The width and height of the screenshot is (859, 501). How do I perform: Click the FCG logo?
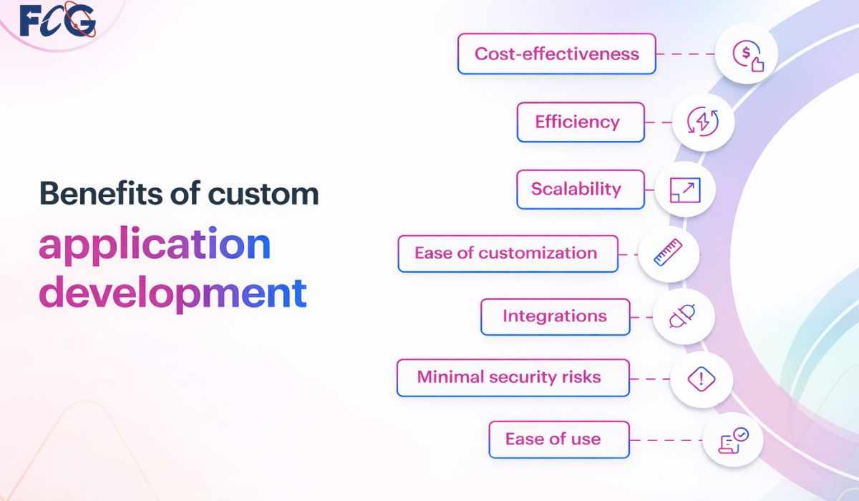(57, 21)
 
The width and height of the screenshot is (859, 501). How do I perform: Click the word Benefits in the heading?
(85, 193)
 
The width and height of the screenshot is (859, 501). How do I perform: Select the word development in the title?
(173, 293)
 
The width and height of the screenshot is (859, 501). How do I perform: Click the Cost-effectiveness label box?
(556, 54)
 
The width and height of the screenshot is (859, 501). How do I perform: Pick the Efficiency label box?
(580, 122)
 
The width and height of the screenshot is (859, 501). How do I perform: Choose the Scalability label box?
(580, 189)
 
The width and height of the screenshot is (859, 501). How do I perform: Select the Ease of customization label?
(507, 253)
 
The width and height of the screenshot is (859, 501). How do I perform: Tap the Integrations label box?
(555, 316)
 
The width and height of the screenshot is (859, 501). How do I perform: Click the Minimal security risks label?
(512, 377)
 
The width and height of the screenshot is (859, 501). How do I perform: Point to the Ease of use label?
(558, 439)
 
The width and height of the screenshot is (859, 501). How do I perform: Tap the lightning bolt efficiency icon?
(702, 122)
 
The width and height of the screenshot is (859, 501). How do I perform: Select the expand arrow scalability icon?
(685, 190)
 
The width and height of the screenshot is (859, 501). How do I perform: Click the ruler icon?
(668, 253)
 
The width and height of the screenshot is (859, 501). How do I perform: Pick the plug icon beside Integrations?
(683, 316)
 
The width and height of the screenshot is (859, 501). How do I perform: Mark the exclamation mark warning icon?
(702, 378)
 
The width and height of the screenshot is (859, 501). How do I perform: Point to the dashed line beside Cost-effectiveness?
(686, 54)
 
